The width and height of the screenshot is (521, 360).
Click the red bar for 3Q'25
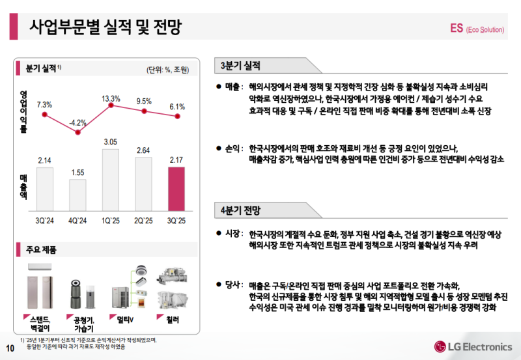click(177, 188)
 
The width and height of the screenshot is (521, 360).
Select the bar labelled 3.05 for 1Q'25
click(111, 179)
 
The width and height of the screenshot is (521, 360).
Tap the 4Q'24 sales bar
click(77, 194)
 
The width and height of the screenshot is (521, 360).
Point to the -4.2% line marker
click(78, 132)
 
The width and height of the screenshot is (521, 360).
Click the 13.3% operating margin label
click(111, 98)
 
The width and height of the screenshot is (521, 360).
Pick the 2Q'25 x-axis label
click(143, 221)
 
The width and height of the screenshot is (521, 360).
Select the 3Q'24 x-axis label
click(45, 221)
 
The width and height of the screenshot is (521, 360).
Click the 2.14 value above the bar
click(45, 160)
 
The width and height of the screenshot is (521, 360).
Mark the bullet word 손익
click(232, 148)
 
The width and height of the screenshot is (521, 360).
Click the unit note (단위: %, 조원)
click(167, 70)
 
